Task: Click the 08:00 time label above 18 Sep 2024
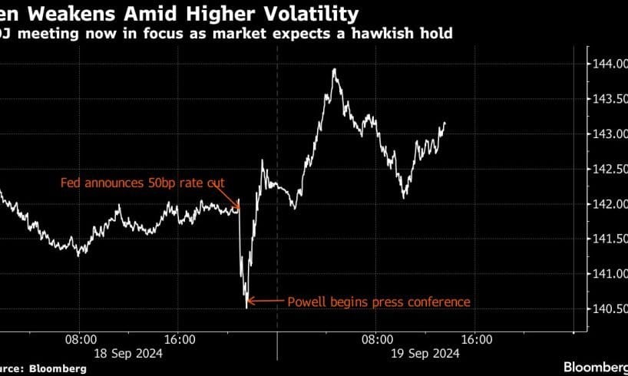pyautogui.click(x=80, y=338)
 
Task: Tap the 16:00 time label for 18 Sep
pyautogui.click(x=178, y=338)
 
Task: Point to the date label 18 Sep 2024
pyautogui.click(x=129, y=353)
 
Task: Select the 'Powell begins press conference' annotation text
pyautogui.click(x=378, y=302)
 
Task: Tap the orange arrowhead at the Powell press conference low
pyautogui.click(x=251, y=302)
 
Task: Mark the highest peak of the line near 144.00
pyautogui.click(x=334, y=69)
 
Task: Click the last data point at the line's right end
pyautogui.click(x=445, y=123)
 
